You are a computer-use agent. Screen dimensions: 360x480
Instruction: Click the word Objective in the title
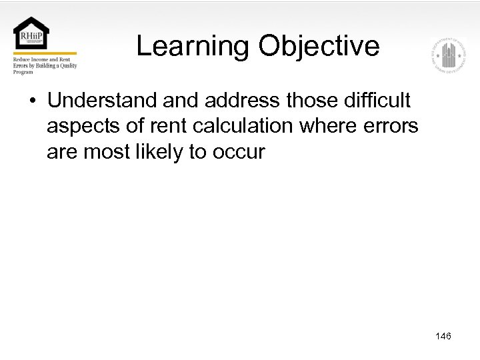[319, 47]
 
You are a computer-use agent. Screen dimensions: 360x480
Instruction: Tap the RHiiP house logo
[31, 33]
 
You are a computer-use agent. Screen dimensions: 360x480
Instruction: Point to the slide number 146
[443, 336]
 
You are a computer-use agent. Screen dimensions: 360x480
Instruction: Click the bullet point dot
[32, 101]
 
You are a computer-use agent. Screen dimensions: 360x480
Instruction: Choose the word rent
[169, 126]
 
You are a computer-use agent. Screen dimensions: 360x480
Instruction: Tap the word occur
[239, 152]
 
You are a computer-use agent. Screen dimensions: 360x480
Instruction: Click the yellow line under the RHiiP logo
[45, 53]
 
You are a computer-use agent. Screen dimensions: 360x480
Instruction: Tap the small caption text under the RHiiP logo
[45, 65]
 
